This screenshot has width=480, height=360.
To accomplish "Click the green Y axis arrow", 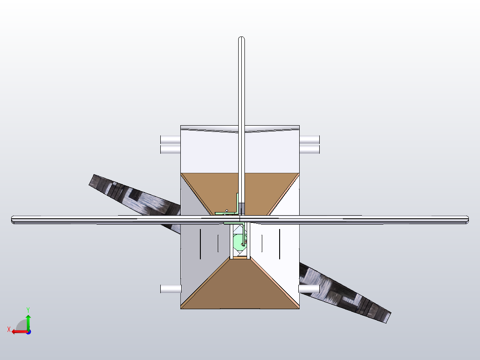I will (x=28, y=321).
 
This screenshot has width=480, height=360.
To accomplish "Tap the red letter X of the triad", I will (x=9, y=329).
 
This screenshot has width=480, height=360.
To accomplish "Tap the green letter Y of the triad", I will (x=28, y=309).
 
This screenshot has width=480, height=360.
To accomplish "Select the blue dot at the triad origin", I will (x=28, y=332).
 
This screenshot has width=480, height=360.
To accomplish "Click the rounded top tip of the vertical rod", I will (x=241, y=39).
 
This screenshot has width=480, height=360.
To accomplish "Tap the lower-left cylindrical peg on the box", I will (x=170, y=289).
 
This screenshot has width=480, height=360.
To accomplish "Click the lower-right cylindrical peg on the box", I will (x=309, y=289).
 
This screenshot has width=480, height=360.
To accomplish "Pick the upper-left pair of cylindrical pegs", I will (x=170, y=144).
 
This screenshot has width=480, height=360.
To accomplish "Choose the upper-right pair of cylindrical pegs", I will (x=309, y=144).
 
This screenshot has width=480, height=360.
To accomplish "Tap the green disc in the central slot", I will (x=238, y=243).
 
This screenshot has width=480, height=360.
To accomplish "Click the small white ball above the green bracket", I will (x=227, y=210).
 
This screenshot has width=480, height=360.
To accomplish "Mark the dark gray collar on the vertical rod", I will (x=242, y=208).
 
